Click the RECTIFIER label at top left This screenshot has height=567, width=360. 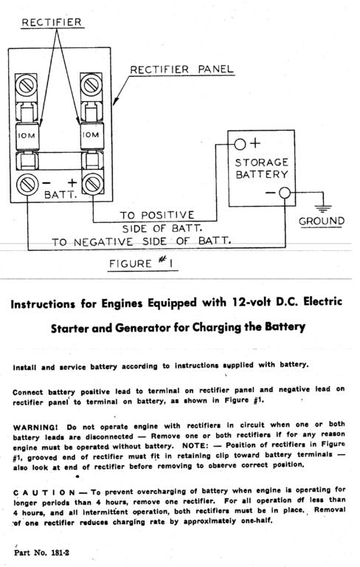[x=51, y=23]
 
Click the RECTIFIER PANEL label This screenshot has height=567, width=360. [x=182, y=69]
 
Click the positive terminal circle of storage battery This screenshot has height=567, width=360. [x=240, y=144]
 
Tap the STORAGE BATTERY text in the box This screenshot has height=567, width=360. [x=261, y=168]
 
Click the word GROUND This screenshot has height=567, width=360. [x=322, y=221]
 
